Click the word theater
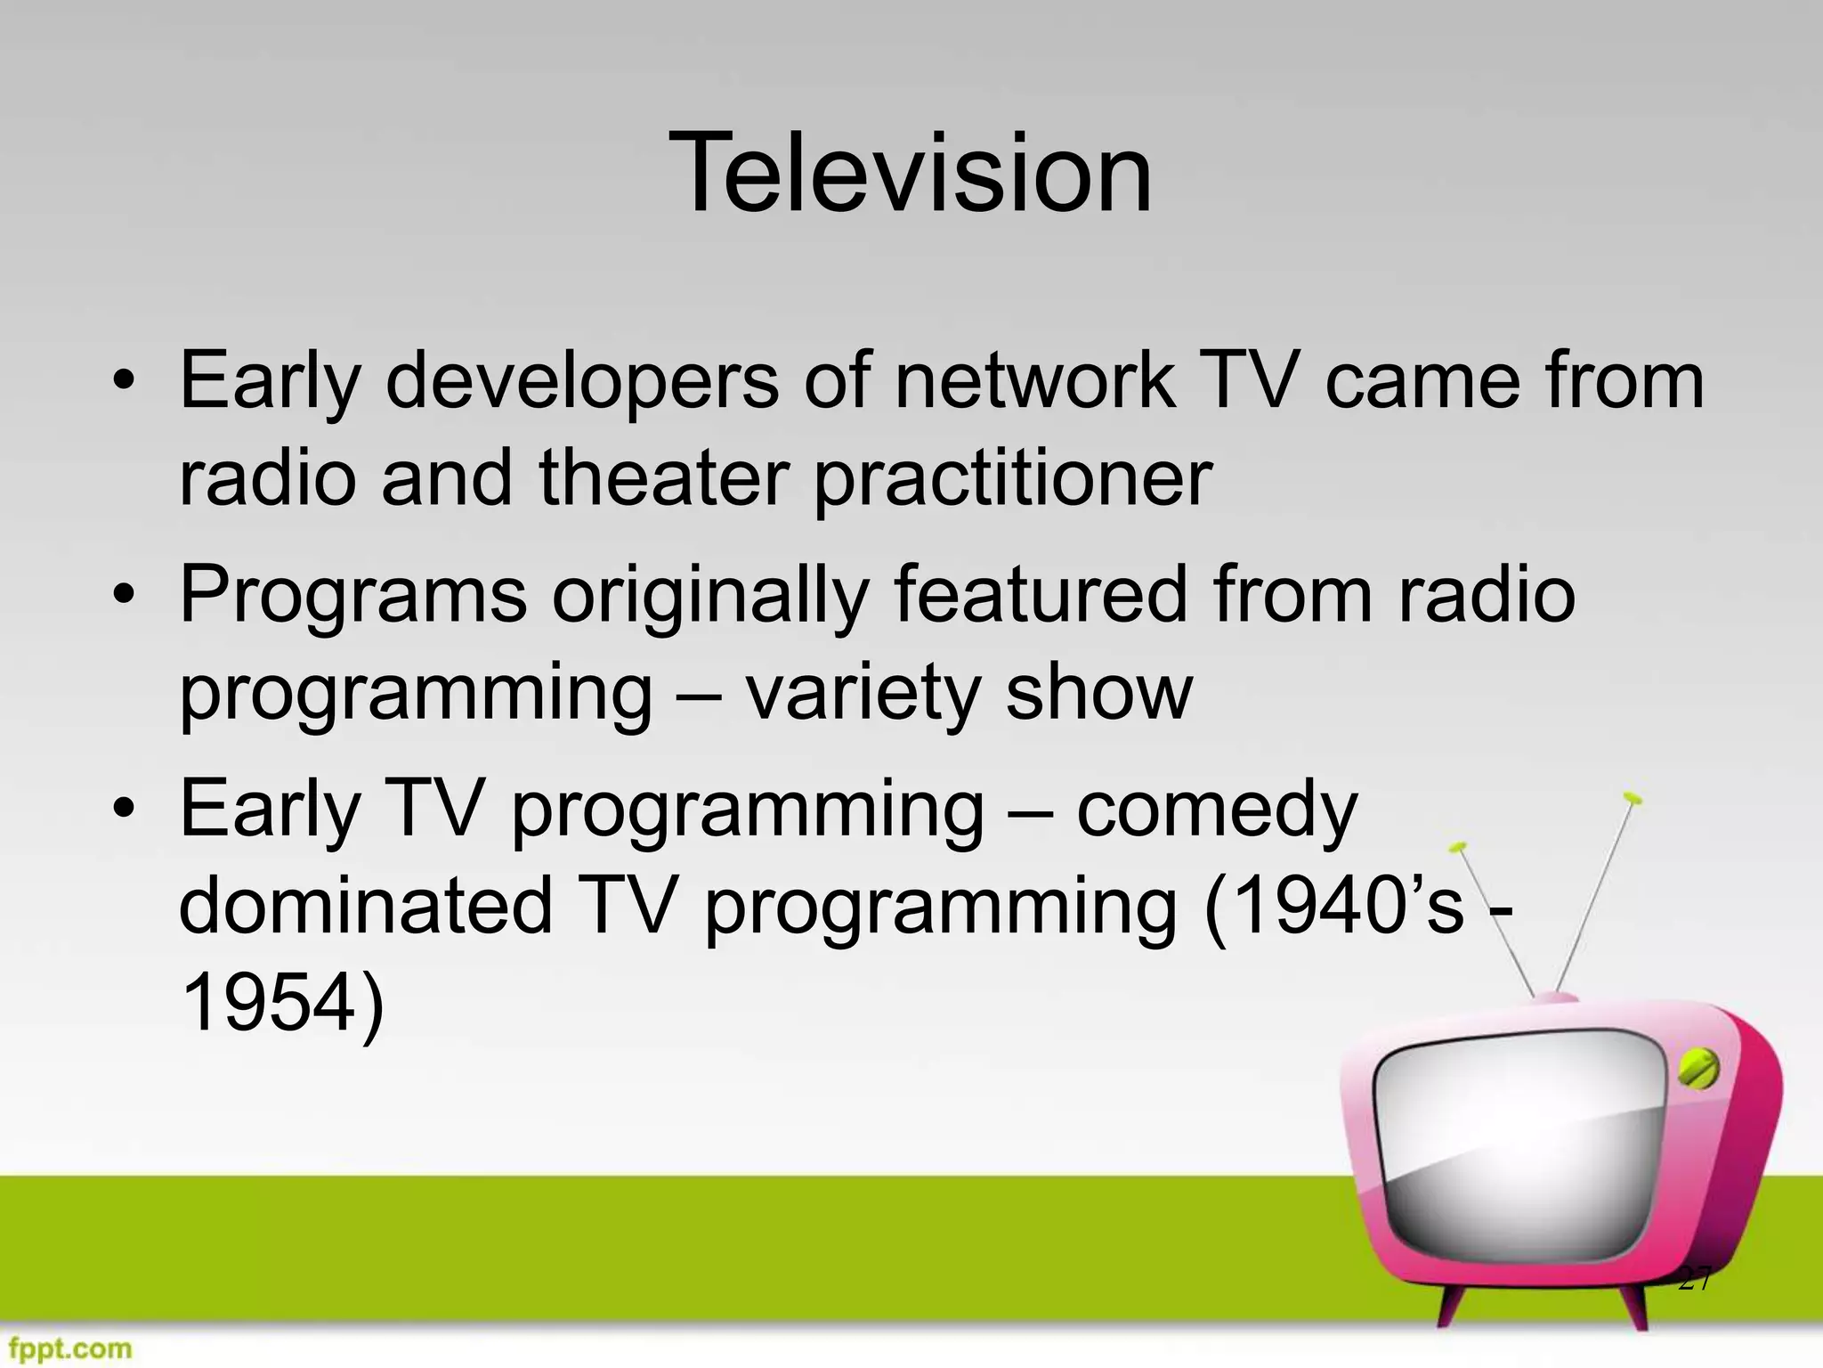664,478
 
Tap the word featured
1041,594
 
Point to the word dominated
366,906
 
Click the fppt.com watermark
67,1348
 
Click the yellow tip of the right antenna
1632,797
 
